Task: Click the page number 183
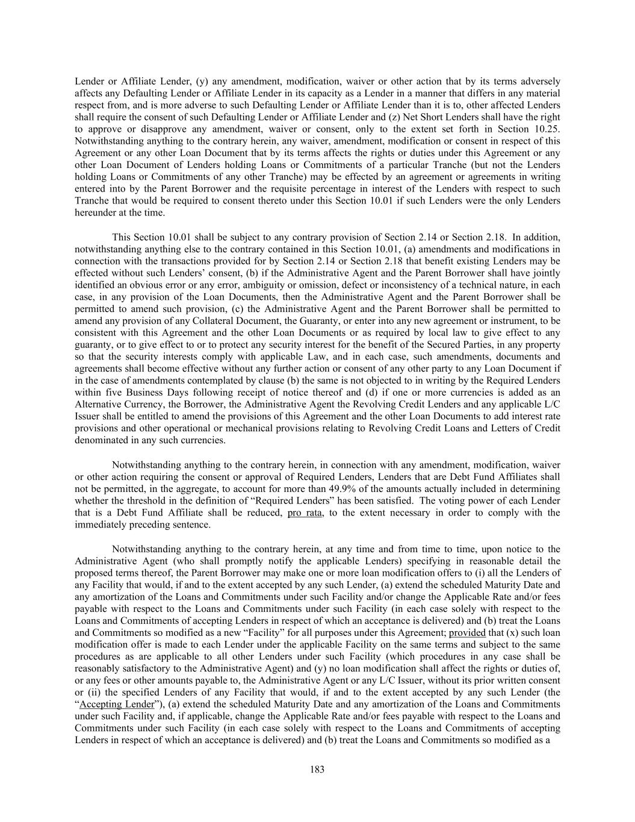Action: tap(317, 769)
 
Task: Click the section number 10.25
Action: tap(548, 129)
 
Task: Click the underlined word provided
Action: tap(467, 632)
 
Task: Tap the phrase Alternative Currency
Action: tap(114, 404)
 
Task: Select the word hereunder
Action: tap(96, 213)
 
